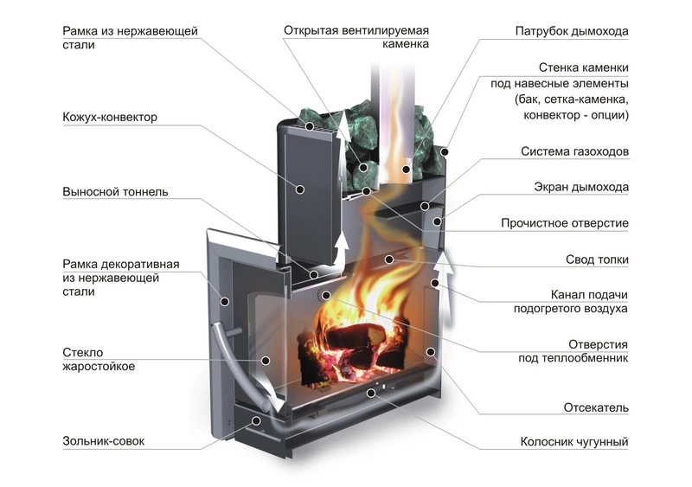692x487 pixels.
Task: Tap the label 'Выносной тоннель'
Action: [x=115, y=191]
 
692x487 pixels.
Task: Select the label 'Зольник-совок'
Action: [x=104, y=441]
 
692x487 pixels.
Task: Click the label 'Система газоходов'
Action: [x=574, y=151]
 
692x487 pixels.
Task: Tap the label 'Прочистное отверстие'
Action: [x=565, y=223]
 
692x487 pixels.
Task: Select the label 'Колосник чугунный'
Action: [x=573, y=442]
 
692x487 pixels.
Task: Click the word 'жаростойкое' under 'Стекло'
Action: [x=99, y=367]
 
